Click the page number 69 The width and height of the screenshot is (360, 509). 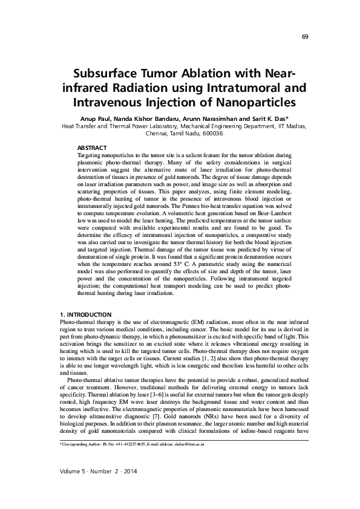(305, 37)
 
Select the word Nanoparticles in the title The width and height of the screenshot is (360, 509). (244, 102)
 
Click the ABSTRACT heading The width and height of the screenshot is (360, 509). (93, 148)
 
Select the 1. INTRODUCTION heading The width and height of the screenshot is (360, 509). (85, 315)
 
